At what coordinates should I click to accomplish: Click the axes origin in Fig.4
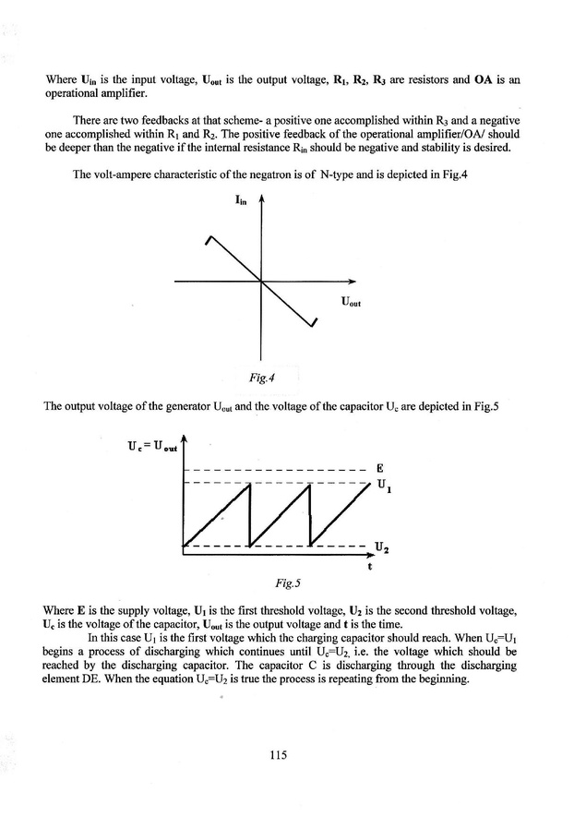262,282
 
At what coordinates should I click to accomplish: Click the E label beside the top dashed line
378,467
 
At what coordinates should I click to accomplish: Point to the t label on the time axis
369,566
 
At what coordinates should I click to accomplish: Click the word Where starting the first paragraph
59,80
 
